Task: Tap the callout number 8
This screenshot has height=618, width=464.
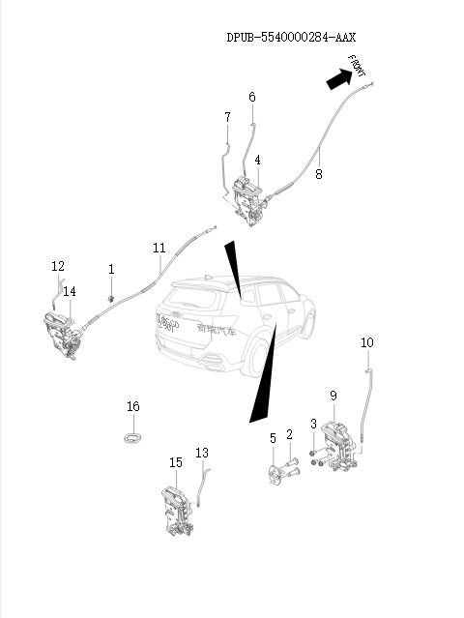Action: point(319,174)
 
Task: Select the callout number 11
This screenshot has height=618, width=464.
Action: point(159,249)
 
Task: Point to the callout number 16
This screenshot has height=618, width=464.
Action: point(133,406)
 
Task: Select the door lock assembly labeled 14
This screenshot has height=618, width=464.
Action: point(62,335)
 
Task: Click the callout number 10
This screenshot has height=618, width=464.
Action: point(367,342)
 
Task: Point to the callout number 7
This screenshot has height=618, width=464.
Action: point(227,118)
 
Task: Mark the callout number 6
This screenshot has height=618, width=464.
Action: point(252,97)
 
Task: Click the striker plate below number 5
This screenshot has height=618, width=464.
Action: point(275,476)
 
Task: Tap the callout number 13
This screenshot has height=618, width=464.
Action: point(202,453)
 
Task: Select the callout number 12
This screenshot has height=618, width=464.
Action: point(58,266)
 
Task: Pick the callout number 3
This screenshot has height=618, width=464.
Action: point(313,424)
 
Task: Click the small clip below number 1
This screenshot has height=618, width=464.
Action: point(112,296)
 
